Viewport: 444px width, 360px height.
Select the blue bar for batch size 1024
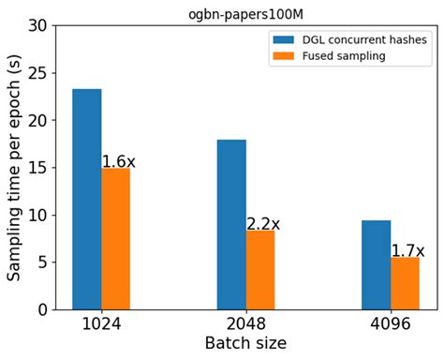pos(86,199)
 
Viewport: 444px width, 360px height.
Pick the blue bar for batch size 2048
pos(230,224)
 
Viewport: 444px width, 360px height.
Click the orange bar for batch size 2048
pos(259,270)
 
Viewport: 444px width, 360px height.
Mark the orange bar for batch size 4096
pos(405,283)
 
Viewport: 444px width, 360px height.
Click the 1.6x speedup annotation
pos(119,161)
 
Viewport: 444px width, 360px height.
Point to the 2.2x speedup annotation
pos(263,224)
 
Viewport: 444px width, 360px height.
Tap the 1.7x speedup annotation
pos(407,250)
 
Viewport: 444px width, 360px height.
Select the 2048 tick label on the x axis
pos(245,324)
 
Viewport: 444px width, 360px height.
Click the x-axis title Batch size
pos(245,344)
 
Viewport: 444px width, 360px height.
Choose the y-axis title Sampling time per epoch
pos(13,167)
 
